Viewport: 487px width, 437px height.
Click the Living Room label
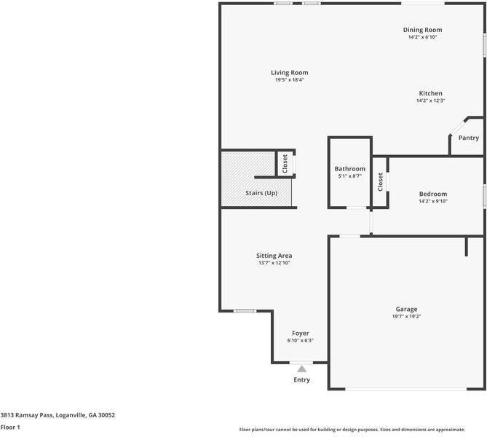click(x=289, y=72)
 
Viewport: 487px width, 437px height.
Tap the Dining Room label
click(x=422, y=30)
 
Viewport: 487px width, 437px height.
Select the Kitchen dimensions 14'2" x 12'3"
click(x=430, y=101)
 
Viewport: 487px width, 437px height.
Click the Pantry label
click(x=469, y=138)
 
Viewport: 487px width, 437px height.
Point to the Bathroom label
click(x=349, y=168)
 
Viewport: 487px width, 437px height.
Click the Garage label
click(x=406, y=309)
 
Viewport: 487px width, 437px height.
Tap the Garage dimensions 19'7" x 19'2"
click(x=406, y=316)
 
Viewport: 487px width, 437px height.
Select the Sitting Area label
click(x=274, y=256)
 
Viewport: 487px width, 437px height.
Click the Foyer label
click(x=300, y=333)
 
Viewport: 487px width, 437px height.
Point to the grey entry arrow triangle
click(x=301, y=369)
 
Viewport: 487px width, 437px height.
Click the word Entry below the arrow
click(x=301, y=379)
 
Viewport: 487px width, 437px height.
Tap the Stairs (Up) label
click(x=261, y=193)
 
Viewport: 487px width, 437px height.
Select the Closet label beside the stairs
click(x=285, y=163)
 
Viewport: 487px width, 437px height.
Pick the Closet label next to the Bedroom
click(x=380, y=181)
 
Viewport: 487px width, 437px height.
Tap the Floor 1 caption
click(x=10, y=428)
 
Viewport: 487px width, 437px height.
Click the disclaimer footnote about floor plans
click(x=362, y=429)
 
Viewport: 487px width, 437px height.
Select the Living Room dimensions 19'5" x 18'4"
click(x=289, y=80)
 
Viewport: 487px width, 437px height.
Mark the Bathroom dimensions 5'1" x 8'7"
click(x=349, y=176)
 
